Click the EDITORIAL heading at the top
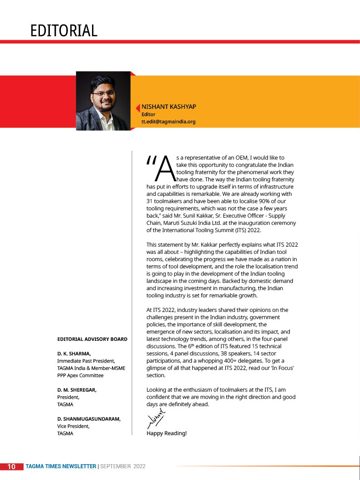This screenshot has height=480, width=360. (x=64, y=31)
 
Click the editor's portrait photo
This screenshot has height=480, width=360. (x=103, y=101)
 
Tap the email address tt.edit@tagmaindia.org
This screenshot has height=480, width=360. (x=168, y=122)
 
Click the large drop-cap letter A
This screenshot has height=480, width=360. (x=165, y=168)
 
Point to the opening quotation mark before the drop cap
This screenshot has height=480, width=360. (x=151, y=160)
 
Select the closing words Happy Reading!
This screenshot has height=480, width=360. (x=166, y=433)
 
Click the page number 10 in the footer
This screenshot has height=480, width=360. (x=12, y=466)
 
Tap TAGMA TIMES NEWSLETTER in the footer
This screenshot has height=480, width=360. (x=61, y=466)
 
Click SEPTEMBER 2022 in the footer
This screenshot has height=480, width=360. (x=123, y=466)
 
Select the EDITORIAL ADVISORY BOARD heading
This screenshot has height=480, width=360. (x=92, y=339)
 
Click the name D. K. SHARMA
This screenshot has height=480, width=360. (x=74, y=353)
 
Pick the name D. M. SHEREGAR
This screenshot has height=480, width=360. (x=77, y=390)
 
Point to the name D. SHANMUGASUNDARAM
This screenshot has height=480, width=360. (x=89, y=419)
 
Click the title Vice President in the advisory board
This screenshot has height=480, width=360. (x=73, y=426)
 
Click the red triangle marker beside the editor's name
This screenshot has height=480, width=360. (x=137, y=107)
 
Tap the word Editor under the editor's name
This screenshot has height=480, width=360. (x=148, y=114)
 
